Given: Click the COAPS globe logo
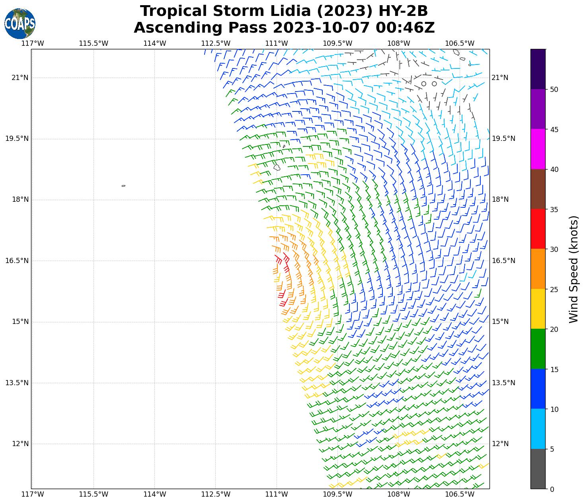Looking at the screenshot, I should click(19, 24).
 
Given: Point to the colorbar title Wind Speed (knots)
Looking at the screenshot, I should click(573, 269).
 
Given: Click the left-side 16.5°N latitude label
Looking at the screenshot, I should click(17, 261).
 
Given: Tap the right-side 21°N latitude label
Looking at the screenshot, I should click(500, 78).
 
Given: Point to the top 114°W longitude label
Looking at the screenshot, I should click(154, 43).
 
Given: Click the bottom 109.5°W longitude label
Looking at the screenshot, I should click(337, 495).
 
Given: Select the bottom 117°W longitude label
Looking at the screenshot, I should click(32, 495).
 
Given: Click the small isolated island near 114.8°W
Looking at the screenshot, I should click(123, 186).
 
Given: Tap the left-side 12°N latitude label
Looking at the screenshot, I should click(20, 444).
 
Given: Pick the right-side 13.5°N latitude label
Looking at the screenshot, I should click(504, 383).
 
